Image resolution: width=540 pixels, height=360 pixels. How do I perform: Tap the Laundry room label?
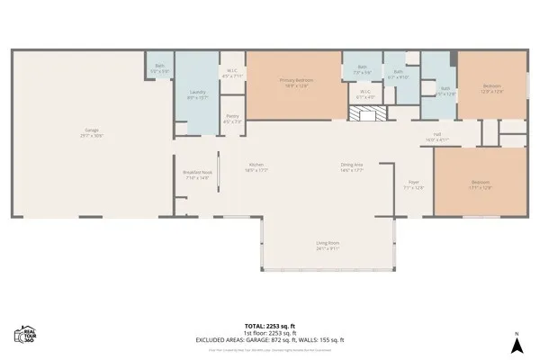click(x=198, y=94)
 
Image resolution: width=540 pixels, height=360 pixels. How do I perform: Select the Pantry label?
click(x=232, y=118)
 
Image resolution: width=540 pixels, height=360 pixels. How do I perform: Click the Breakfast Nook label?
click(x=197, y=175)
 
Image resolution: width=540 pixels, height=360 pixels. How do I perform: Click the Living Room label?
click(x=327, y=245)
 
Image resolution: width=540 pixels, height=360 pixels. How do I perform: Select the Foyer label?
click(x=414, y=184)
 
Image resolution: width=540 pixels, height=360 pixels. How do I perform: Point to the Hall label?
click(x=436, y=137)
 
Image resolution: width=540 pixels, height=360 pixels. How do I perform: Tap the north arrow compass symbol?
click(x=517, y=343)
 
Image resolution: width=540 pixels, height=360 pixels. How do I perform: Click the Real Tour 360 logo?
click(x=24, y=335)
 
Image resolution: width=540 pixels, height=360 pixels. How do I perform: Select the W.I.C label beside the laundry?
click(x=231, y=73)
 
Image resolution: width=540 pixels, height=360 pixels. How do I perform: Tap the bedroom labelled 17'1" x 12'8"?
click(x=481, y=184)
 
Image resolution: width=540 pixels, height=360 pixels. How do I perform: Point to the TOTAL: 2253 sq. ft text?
click(x=269, y=326)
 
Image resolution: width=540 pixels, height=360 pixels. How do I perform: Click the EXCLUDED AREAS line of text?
click(x=269, y=339)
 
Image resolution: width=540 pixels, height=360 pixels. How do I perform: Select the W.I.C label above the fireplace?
click(x=365, y=94)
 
